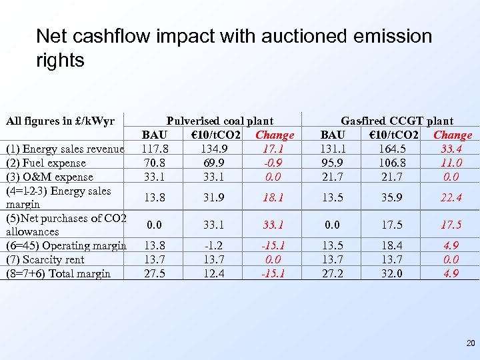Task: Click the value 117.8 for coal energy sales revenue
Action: [x=155, y=149]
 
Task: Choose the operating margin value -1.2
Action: [x=215, y=246]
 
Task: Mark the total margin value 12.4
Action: [x=215, y=273]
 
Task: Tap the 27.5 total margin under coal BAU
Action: [x=155, y=273]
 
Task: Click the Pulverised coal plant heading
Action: [x=219, y=121]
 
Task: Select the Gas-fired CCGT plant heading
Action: [x=397, y=121]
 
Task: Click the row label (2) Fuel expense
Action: [x=45, y=163]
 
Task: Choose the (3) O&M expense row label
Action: [x=49, y=177]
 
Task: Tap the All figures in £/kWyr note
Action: [x=60, y=121]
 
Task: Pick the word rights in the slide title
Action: [x=60, y=61]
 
